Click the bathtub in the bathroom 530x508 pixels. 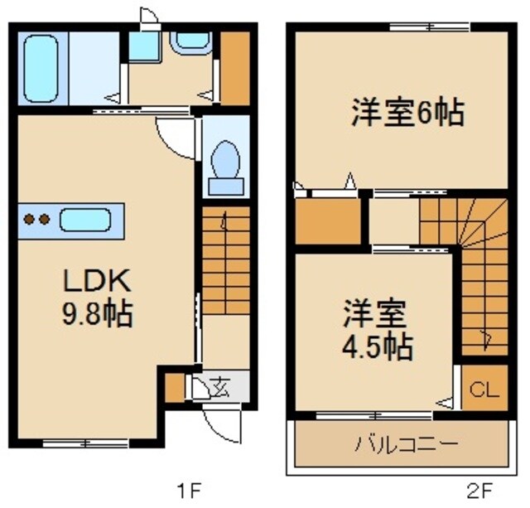coord(41,67)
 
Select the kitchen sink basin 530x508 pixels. coord(85,220)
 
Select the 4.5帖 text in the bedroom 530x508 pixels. coord(378,346)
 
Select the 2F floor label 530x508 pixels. coord(487,488)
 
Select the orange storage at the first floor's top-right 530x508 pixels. coord(236,66)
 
